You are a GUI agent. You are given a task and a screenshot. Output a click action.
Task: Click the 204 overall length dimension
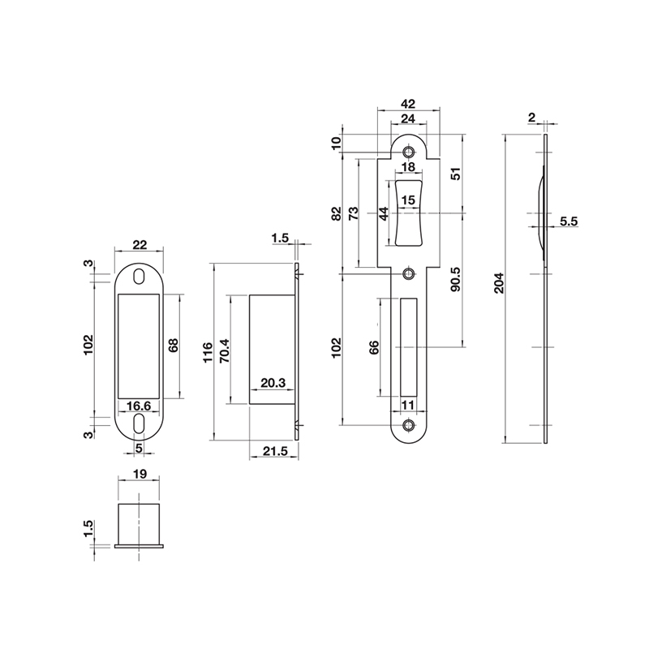pos(500,283)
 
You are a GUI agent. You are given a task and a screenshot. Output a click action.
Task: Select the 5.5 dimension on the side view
pos(568,221)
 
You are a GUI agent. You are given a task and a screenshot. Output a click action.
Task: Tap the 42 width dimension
pos(408,104)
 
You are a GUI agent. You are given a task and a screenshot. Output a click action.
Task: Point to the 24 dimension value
pos(408,118)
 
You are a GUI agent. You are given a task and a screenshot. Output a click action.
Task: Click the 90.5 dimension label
pos(456,278)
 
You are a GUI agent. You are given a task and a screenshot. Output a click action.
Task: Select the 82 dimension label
pos(337,214)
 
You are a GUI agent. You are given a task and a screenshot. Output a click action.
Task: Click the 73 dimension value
pos(353,214)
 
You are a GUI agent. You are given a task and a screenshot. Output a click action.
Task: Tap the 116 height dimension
pos(208,351)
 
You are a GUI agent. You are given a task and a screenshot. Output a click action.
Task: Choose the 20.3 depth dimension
pos(273,384)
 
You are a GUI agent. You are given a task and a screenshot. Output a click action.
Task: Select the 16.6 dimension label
pos(138,406)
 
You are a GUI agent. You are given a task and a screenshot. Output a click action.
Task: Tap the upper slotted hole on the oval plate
pos(139,276)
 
